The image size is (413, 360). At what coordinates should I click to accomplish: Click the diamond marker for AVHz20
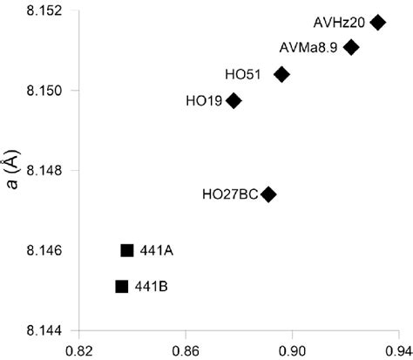click(377, 22)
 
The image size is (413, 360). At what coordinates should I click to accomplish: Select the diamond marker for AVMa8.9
click(351, 47)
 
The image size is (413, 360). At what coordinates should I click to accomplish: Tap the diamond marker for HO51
click(281, 75)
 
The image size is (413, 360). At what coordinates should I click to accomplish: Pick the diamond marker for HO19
click(234, 101)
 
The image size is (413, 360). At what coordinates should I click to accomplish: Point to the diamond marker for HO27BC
click(269, 194)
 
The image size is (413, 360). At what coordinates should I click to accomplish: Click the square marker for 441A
click(127, 250)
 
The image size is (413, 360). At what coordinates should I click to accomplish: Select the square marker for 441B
click(122, 286)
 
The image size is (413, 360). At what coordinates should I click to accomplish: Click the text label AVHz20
click(338, 22)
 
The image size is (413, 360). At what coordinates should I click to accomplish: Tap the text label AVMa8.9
click(309, 47)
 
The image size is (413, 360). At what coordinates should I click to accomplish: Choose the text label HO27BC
click(229, 194)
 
